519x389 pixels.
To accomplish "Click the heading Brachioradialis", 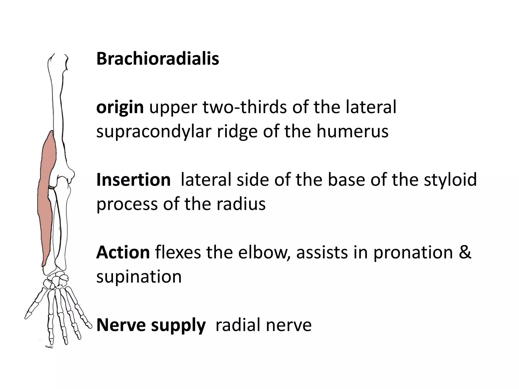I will point(158,59).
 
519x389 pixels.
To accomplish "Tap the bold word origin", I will point(120,107).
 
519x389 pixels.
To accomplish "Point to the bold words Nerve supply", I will point(151,325).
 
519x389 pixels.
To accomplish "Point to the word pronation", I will point(413,253).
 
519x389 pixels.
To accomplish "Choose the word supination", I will point(139,277).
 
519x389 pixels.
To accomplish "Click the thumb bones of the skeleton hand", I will point(35,304).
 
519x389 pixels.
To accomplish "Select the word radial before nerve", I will point(237,325).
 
